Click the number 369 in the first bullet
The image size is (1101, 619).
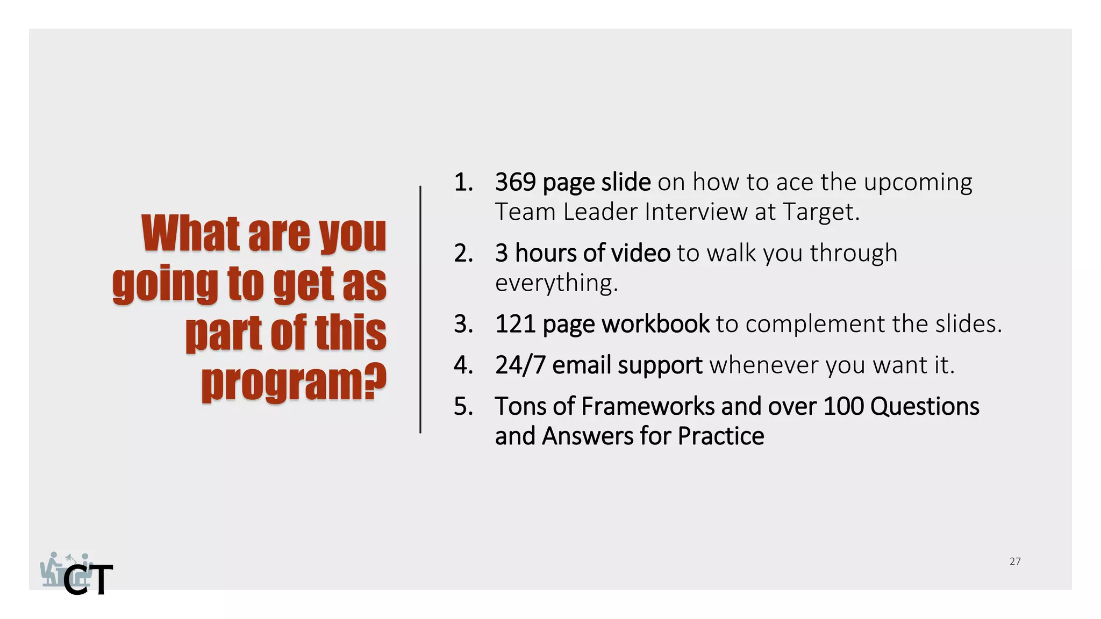(x=515, y=182)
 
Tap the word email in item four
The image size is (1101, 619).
(x=581, y=365)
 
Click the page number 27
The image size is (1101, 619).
(x=1014, y=562)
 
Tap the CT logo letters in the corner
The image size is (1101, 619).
(x=88, y=580)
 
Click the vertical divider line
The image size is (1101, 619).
(x=420, y=309)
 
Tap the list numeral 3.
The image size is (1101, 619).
(x=463, y=324)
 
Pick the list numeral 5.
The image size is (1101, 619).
(x=463, y=407)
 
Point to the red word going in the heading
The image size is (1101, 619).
(x=165, y=284)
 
